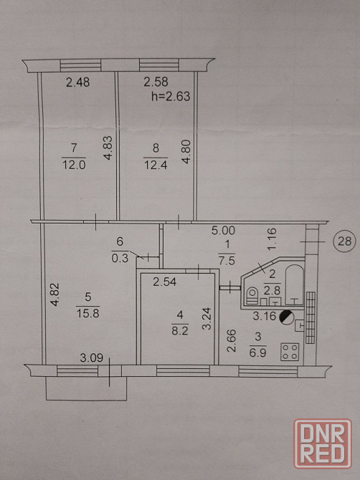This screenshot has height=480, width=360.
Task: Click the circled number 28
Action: coord(344,241)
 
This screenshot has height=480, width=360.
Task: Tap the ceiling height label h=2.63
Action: coord(171,97)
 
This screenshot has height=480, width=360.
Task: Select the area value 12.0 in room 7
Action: coord(74,165)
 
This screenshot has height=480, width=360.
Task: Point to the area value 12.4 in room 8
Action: coord(156,165)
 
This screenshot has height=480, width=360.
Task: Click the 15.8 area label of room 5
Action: coord(87,313)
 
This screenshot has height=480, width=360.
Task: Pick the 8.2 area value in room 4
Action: coord(180,330)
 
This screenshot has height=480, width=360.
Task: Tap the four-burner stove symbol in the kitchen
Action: coord(290,352)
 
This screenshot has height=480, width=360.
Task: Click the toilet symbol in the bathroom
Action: coord(252,295)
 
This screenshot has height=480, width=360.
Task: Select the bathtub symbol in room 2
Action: coord(295,284)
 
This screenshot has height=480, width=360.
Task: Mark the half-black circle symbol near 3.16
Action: coord(287,317)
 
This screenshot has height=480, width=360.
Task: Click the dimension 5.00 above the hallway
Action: coord(223,230)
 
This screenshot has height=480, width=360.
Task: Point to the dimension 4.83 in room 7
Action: coord(108,148)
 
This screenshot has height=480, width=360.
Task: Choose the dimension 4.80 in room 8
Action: coord(186,152)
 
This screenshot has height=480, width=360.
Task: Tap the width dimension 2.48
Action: coord(78,82)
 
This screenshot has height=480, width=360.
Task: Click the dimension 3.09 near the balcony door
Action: coord(91,357)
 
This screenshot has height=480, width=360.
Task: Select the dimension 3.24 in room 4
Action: coord(207,318)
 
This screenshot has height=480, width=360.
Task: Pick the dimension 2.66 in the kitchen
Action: coord(232,340)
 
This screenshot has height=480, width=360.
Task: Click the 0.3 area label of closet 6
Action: coord(120,259)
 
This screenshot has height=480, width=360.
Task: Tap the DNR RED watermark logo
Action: coord(323,443)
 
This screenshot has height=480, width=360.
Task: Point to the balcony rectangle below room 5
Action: coord(86,400)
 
